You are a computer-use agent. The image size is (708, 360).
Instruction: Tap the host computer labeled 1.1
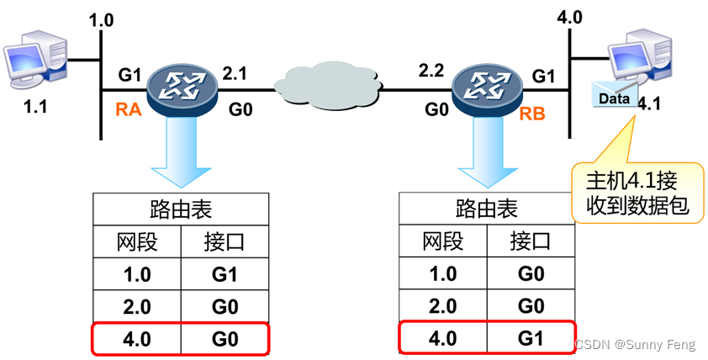[36, 54]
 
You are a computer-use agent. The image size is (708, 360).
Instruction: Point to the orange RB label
[532, 113]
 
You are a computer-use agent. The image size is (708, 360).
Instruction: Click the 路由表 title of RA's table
[182, 209]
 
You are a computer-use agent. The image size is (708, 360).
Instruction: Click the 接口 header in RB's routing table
[531, 242]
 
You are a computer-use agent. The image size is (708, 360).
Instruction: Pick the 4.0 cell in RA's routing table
[137, 339]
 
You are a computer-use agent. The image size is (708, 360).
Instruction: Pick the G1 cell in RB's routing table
[531, 339]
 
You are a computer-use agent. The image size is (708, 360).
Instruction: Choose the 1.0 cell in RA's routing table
[137, 274]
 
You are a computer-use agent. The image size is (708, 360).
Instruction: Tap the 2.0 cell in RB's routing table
[443, 307]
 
